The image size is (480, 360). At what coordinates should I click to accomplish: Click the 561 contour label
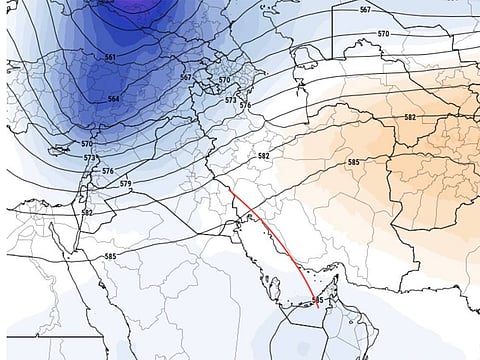pos(109,56)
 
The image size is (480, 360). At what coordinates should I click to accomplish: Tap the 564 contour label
pos(113,99)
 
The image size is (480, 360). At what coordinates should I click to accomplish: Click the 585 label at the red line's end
pos(318,299)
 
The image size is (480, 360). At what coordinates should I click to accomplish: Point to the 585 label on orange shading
pos(353,162)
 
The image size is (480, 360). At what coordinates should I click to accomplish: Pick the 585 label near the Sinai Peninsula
pos(110,257)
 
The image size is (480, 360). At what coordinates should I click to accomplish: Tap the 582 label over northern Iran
pos(263,156)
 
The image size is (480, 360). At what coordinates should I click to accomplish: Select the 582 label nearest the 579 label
pos(87,212)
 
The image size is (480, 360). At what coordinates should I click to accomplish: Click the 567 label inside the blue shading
pos(185,77)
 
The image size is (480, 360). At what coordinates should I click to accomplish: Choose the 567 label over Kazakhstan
pos(364,9)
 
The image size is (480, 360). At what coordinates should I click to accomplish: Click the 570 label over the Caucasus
pos(224,80)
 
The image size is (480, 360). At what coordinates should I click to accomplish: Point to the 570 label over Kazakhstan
pos(383,34)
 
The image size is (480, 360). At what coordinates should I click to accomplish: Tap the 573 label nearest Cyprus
pos(90,158)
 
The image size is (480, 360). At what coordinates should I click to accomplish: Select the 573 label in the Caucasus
pos(231,100)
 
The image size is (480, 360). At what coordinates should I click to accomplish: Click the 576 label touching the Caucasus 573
pos(244,105)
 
